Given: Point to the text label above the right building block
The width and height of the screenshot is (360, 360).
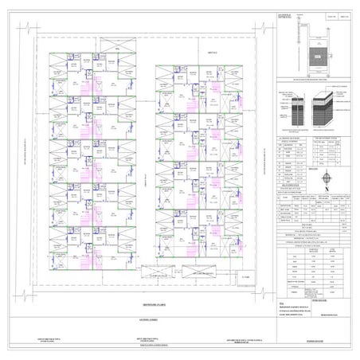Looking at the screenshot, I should point(212,53).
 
